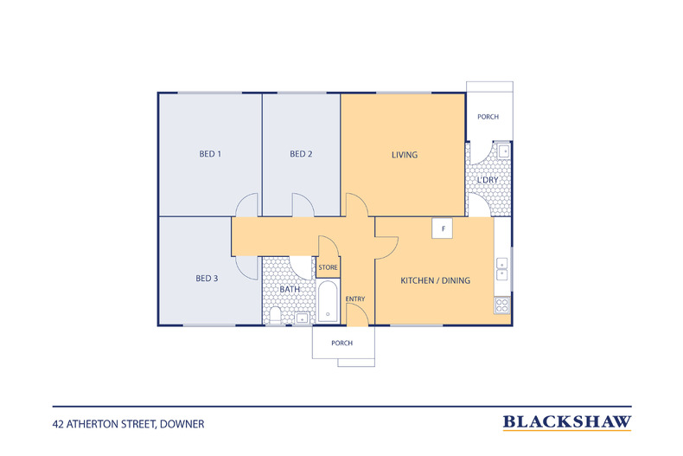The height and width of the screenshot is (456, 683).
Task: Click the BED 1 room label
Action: pos(210,154)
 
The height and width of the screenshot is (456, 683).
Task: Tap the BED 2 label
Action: pos(301,154)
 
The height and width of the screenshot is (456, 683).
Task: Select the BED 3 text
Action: pos(207,278)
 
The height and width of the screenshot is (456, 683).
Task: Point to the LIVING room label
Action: pos(405,155)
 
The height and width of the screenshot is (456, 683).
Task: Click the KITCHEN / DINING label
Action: pos(436,280)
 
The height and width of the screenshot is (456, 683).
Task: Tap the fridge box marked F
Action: pos(443,228)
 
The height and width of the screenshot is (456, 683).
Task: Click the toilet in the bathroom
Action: pos(275,315)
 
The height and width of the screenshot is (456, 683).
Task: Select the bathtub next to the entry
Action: pos(328,301)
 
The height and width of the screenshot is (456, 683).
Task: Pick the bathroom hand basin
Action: pos(302,318)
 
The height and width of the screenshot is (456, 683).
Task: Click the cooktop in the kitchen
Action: pos(501,305)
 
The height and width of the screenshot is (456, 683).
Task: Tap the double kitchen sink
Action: pos(501,269)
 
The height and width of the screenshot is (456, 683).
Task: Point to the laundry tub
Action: pos(503,151)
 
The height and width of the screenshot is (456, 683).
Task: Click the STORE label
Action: pos(328,267)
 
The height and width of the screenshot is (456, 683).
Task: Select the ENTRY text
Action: pos(355,299)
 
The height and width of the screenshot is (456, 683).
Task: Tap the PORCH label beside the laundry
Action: pos(488,117)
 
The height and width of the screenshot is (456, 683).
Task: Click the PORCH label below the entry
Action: pos(342,344)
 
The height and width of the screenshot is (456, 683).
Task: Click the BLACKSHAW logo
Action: pos(567,422)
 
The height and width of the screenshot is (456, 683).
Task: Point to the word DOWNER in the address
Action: pos(182,424)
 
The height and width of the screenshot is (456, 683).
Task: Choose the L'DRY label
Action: pos(488,180)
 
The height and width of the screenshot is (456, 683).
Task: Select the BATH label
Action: pos(290,289)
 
